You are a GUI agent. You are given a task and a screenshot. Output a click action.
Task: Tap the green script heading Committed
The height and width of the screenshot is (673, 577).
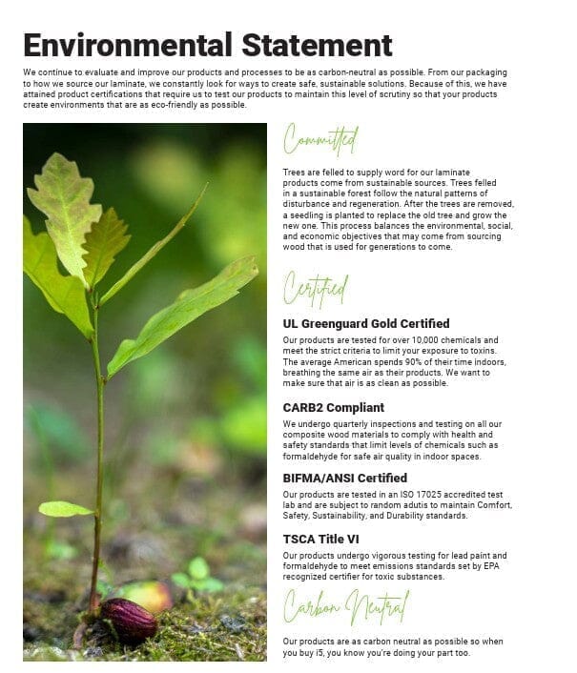click(320, 142)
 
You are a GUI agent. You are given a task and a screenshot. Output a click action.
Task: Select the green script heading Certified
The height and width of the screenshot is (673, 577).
click(316, 286)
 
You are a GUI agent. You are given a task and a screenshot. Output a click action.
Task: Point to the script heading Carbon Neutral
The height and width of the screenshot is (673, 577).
click(346, 604)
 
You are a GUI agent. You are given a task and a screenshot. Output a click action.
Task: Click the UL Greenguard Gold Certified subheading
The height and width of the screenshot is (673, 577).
click(366, 323)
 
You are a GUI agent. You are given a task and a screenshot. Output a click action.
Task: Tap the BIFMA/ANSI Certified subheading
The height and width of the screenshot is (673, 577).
click(345, 478)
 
